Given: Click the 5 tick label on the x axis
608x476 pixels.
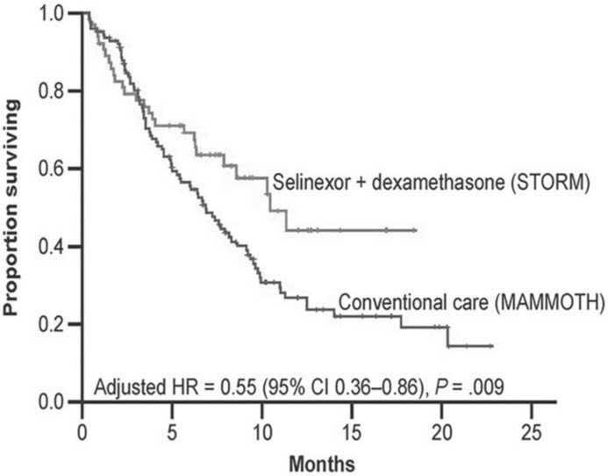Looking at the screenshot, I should (172, 431).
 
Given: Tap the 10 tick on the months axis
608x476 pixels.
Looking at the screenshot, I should (262, 431).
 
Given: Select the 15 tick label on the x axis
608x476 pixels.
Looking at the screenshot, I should (353, 431).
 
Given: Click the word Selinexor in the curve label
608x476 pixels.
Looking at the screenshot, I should (304, 184).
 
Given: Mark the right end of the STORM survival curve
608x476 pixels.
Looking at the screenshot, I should (415, 230).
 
